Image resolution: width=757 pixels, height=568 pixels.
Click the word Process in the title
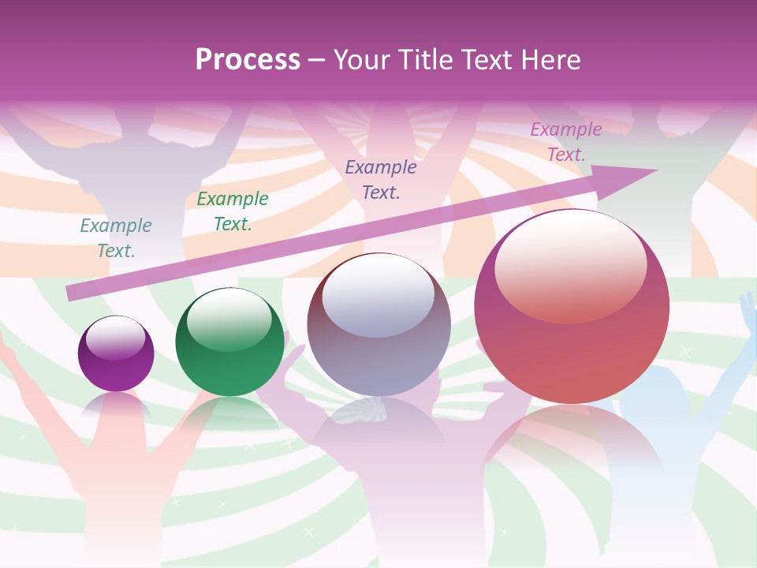coord(248,60)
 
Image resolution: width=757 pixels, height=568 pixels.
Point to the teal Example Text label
coord(116,238)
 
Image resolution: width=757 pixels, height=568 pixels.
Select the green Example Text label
coord(233,211)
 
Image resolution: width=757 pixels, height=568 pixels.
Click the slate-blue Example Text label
coord(381,180)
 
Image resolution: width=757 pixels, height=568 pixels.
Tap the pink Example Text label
coord(565,142)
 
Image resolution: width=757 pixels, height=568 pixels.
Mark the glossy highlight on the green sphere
coord(229,319)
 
